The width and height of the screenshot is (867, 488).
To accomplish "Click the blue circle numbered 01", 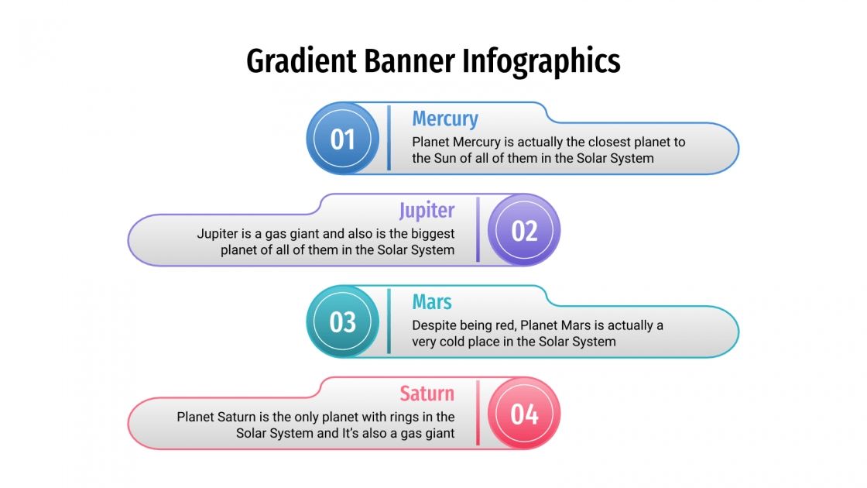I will click(x=343, y=139).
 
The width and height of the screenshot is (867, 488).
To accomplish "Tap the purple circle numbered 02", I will click(x=524, y=230).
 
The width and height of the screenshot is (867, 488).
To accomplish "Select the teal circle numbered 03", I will click(x=343, y=321).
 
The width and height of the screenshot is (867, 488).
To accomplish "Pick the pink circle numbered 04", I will click(x=524, y=414).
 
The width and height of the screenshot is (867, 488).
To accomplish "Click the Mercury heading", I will click(x=445, y=119).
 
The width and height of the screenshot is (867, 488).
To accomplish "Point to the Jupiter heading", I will click(x=427, y=210).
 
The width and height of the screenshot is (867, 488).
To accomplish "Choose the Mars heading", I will click(x=432, y=301).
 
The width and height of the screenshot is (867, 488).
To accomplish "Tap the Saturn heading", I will click(x=427, y=393).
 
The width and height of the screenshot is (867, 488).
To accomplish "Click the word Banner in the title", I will click(x=412, y=61).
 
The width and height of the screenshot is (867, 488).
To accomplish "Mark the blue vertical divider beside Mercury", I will click(x=389, y=138).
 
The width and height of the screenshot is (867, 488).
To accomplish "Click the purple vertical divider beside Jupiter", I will click(x=478, y=229).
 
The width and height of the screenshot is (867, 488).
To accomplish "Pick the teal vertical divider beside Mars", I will click(x=389, y=321).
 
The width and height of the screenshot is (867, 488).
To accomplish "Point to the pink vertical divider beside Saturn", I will click(x=478, y=413).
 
